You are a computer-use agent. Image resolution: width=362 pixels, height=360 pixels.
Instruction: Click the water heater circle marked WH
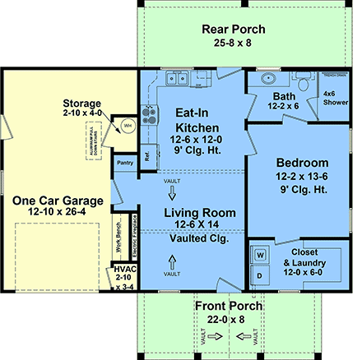coord(128,126)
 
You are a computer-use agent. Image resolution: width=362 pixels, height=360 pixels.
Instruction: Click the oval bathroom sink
coord(267,81)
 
